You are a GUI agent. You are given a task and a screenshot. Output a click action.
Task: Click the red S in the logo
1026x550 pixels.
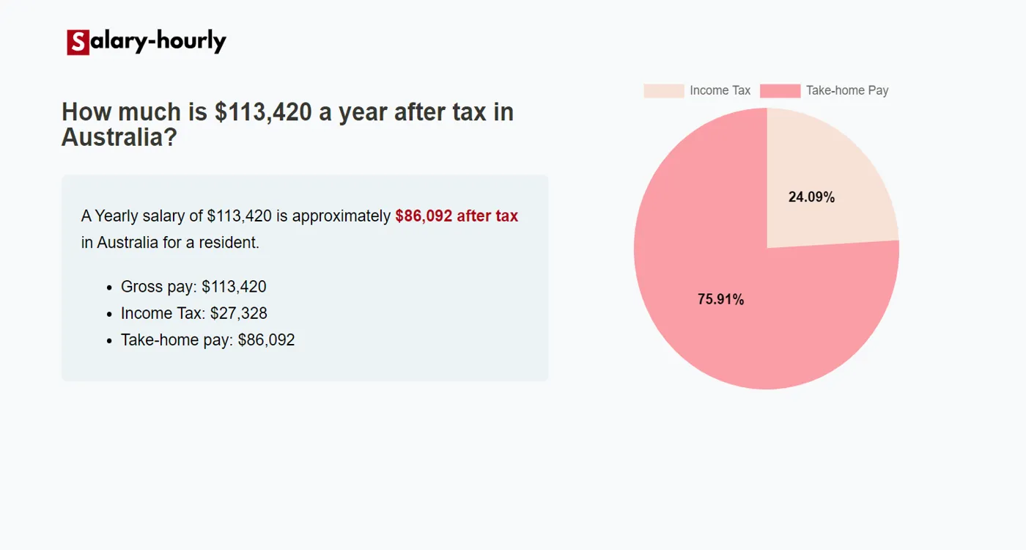pyautogui.click(x=78, y=43)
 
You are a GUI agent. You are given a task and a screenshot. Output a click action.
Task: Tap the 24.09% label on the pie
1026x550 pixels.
pyautogui.click(x=811, y=197)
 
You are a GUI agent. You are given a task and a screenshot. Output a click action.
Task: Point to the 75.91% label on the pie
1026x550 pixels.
pyautogui.click(x=720, y=299)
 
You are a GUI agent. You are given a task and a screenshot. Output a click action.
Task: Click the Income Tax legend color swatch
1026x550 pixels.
pyautogui.click(x=663, y=91)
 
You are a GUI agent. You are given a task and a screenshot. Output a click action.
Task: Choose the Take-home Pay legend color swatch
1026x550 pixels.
pyautogui.click(x=780, y=91)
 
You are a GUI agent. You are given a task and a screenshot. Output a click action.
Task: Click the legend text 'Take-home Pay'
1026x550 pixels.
pyautogui.click(x=847, y=91)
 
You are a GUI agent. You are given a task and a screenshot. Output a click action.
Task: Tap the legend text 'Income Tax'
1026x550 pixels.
pyautogui.click(x=720, y=91)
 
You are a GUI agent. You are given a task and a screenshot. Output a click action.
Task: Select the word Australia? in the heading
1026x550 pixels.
pyautogui.click(x=119, y=137)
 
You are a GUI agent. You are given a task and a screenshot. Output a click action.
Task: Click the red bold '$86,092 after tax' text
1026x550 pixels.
pyautogui.click(x=457, y=216)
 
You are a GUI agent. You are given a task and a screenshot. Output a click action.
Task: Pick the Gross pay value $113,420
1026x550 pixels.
pyautogui.click(x=234, y=287)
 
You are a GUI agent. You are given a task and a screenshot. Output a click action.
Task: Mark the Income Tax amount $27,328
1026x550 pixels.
pyautogui.click(x=238, y=314)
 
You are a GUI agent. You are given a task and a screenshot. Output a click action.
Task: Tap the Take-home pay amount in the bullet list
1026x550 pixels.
pyautogui.click(x=266, y=340)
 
